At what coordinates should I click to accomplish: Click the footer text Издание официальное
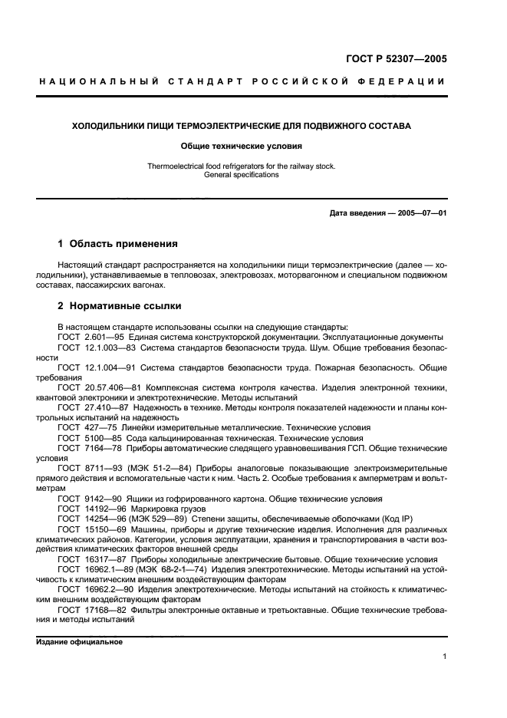80,642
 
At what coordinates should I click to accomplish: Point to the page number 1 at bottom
444,656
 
